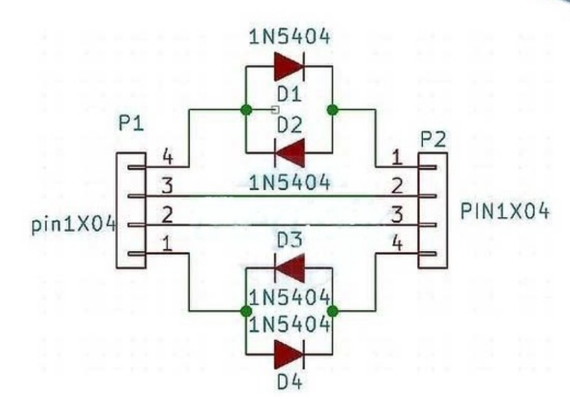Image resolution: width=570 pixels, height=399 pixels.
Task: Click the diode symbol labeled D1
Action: click(x=289, y=66)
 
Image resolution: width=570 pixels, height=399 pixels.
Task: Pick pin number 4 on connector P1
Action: click(x=167, y=156)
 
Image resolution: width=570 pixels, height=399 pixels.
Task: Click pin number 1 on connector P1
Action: click(x=167, y=244)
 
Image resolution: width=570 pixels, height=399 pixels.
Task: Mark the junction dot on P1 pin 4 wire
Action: click(x=246, y=109)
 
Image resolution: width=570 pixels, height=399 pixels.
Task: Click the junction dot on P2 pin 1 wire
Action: click(x=332, y=109)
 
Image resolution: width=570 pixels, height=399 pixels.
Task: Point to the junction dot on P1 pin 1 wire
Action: click(x=246, y=311)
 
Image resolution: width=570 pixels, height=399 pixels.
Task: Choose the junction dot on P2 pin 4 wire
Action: click(x=332, y=311)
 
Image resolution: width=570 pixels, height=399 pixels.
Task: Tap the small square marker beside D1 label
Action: click(x=276, y=109)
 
